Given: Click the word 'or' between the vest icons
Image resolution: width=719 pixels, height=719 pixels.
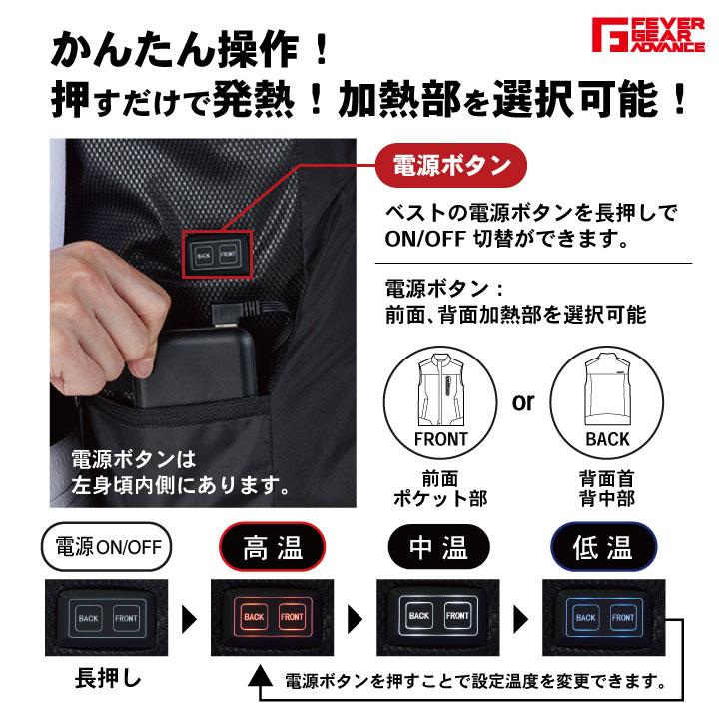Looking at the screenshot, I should (x=522, y=402).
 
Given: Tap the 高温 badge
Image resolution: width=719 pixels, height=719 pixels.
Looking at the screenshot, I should (x=271, y=548).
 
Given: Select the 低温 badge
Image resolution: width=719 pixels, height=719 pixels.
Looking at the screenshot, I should (x=605, y=548).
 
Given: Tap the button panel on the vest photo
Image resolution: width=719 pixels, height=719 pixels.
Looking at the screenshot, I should (x=215, y=255).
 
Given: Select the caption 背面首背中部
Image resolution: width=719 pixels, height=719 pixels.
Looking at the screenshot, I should (x=606, y=487).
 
